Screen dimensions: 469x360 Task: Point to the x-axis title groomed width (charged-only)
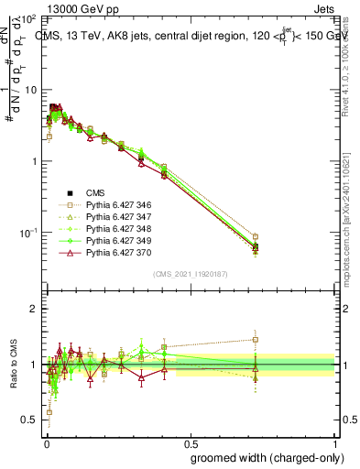[x=263, y=457]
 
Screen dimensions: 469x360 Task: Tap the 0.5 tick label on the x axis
[x=191, y=442]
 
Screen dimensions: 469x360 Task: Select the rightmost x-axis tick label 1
[x=335, y=442]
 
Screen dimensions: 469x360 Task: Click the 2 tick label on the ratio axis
[x=33, y=309]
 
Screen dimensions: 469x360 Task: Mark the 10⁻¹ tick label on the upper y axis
[x=27, y=234]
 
